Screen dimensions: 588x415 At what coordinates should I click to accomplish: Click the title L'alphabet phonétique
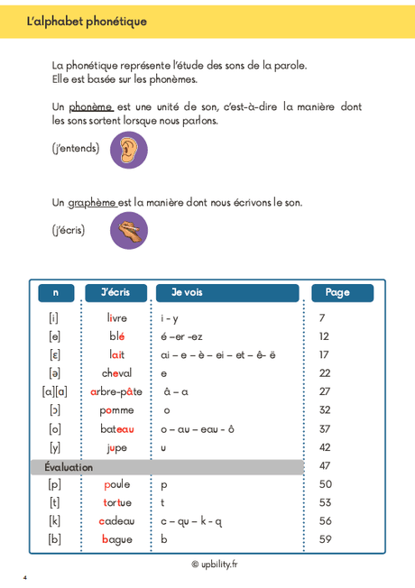(87, 21)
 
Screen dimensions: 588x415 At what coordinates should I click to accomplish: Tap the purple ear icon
(128, 150)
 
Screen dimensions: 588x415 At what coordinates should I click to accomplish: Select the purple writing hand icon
(128, 230)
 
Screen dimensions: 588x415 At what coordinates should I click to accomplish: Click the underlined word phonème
(90, 106)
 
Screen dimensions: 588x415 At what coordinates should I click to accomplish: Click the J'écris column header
(115, 292)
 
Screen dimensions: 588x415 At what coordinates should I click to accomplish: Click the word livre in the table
(116, 318)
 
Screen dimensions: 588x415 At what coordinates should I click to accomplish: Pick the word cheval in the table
(116, 373)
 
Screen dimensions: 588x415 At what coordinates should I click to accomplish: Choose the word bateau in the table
(116, 429)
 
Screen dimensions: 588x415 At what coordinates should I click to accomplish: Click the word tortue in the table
(116, 502)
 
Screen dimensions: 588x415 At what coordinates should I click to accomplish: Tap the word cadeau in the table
(116, 521)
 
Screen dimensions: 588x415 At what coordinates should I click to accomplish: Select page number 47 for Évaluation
(325, 466)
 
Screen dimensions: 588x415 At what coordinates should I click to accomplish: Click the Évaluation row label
(69, 467)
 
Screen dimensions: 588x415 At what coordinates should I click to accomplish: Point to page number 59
(325, 539)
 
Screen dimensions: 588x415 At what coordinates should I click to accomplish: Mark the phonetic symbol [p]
(54, 484)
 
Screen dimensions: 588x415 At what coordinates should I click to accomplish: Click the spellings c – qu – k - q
(191, 521)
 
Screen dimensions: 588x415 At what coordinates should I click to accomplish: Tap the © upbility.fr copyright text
(214, 565)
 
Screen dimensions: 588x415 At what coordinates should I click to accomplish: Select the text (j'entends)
(76, 149)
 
